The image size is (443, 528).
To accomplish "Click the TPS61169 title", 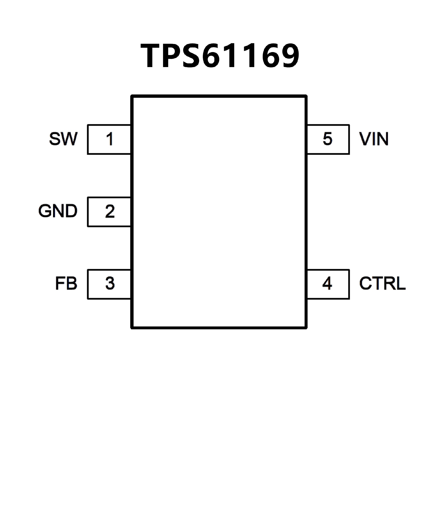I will coord(220,56).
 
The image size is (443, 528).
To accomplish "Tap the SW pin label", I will coord(63,139).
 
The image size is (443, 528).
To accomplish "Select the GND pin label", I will coord(58,211).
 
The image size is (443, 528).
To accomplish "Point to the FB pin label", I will coord(66,283).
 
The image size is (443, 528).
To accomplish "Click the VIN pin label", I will coord(374,139).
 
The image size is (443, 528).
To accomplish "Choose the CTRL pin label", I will coord(382,283).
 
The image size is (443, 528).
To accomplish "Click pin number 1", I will coord(110,139).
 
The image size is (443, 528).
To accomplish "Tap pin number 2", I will coord(110,211).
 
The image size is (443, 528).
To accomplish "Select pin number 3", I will coord(110,284).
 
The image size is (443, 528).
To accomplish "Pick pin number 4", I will coord(327,284).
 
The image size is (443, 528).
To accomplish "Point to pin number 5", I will coord(327,139).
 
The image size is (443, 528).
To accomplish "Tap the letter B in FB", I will coord(72,283).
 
